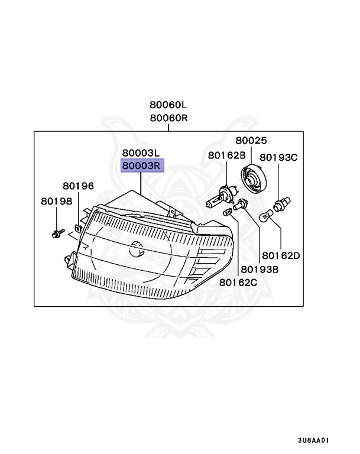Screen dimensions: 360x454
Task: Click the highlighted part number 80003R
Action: pyautogui.click(x=141, y=166)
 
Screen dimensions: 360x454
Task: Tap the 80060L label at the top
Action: pyautogui.click(x=168, y=105)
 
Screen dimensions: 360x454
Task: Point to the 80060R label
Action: pyautogui.click(x=168, y=118)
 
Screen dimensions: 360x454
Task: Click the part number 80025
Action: pyautogui.click(x=251, y=141)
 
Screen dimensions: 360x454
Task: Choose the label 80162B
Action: pyautogui.click(x=226, y=155)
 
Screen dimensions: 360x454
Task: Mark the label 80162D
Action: pyautogui.click(x=281, y=256)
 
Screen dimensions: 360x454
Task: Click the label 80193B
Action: pyautogui.click(x=260, y=269)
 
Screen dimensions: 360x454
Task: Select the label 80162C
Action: pyautogui.click(x=238, y=282)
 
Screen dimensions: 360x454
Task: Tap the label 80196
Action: pyautogui.click(x=78, y=186)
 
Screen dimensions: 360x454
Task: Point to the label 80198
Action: pyautogui.click(x=56, y=201)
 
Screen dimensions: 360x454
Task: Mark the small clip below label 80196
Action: pyautogui.click(x=77, y=227)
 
